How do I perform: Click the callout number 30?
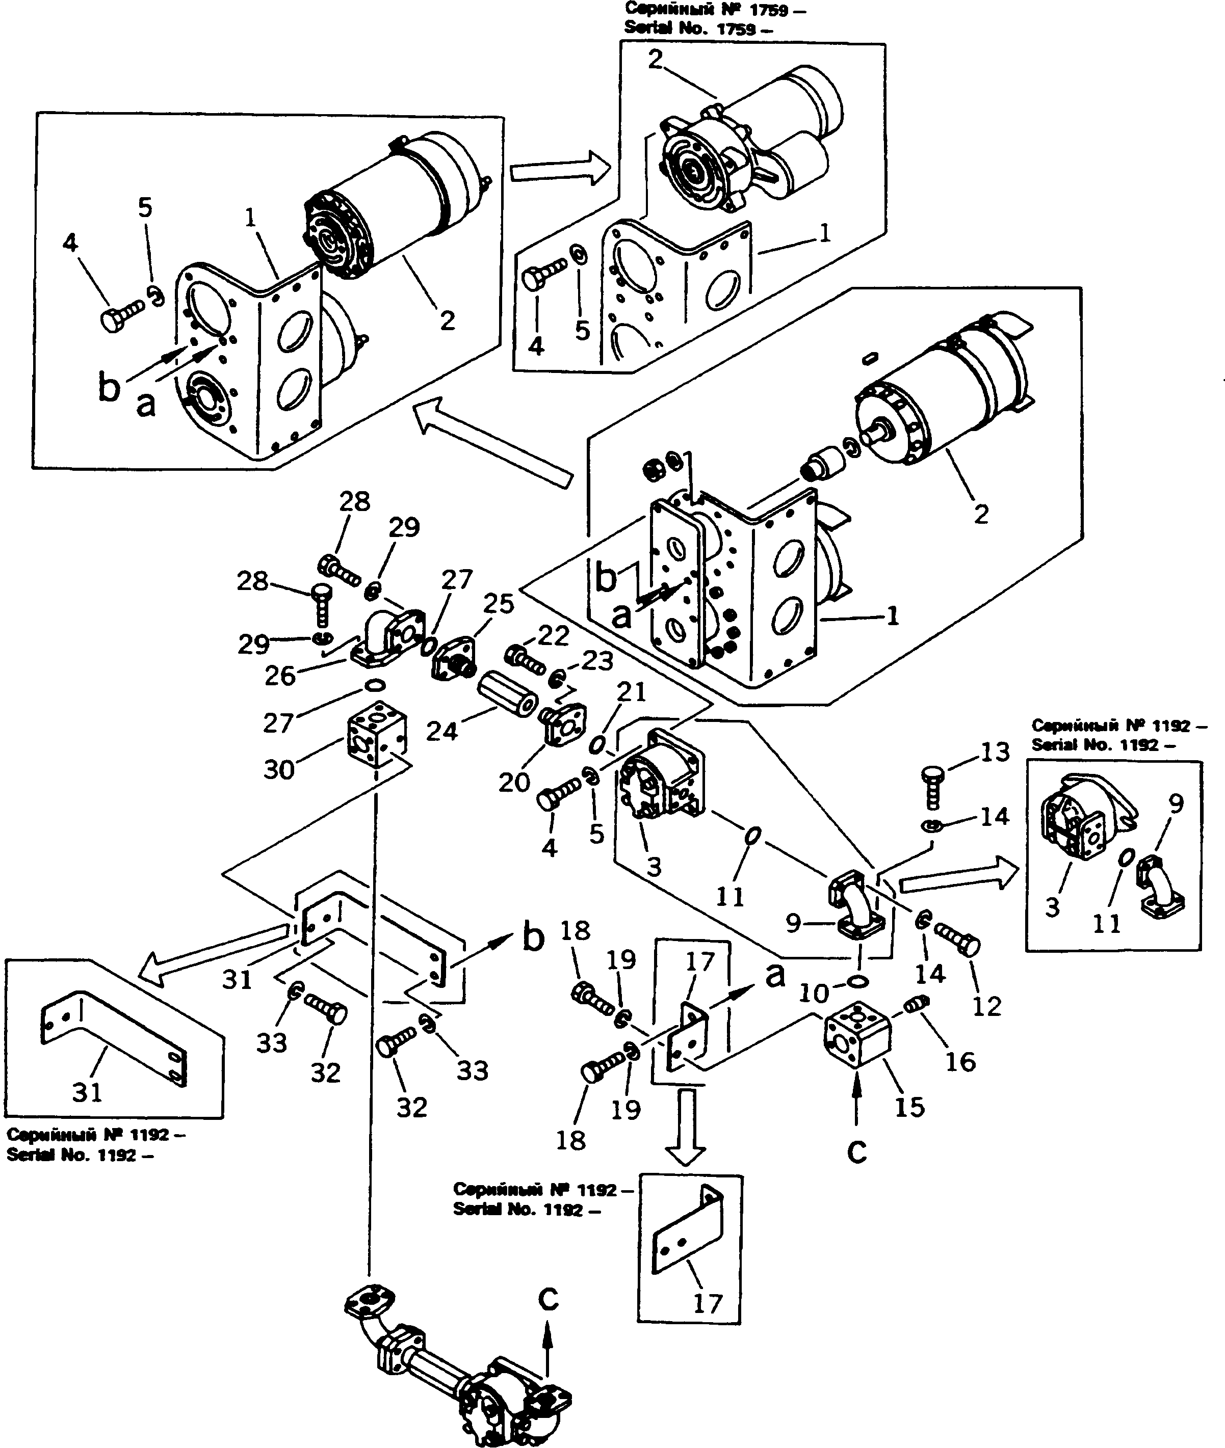click(279, 770)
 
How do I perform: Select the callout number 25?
click(499, 603)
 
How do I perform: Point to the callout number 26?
click(280, 676)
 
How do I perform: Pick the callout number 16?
click(961, 1061)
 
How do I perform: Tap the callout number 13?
click(995, 752)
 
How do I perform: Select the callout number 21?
click(631, 691)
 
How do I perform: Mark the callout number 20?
click(514, 782)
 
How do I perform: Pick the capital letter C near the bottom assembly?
click(549, 1299)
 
